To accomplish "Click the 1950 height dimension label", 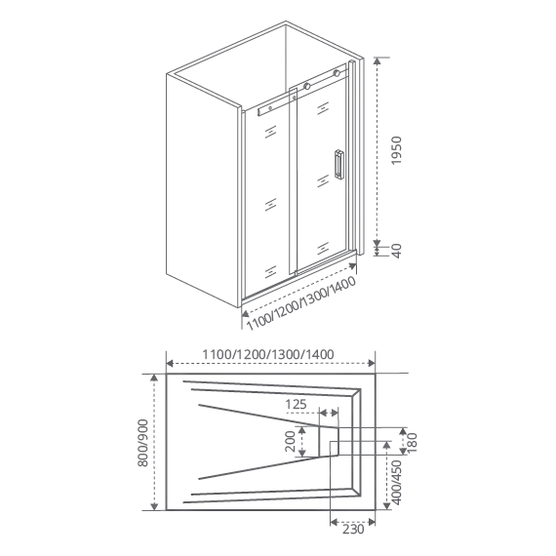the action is [x=396, y=150].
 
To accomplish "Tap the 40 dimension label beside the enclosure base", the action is [x=396, y=251].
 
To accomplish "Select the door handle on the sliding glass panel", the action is [x=338, y=165].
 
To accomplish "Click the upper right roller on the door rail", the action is [x=337, y=73].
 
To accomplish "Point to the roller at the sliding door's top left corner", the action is [x=307, y=86].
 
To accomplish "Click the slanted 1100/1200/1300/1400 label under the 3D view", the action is [x=301, y=303].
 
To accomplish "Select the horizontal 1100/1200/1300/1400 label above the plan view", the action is [x=268, y=354].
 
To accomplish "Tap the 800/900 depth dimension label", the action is [x=142, y=443].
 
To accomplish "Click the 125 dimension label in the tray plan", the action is [x=296, y=404].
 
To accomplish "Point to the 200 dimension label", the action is [x=291, y=442].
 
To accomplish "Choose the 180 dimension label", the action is [x=413, y=442].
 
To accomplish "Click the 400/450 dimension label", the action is [x=397, y=483].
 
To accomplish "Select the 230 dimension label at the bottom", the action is [x=353, y=530].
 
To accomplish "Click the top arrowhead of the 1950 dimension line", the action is [x=377, y=60].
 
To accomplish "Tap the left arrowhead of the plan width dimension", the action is [x=170, y=363].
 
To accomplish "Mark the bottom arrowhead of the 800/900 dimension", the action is [x=154, y=506].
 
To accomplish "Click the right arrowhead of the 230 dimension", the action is [x=372, y=522].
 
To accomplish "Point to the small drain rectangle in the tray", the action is [x=329, y=441].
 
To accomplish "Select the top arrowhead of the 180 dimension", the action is [x=403, y=431].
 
